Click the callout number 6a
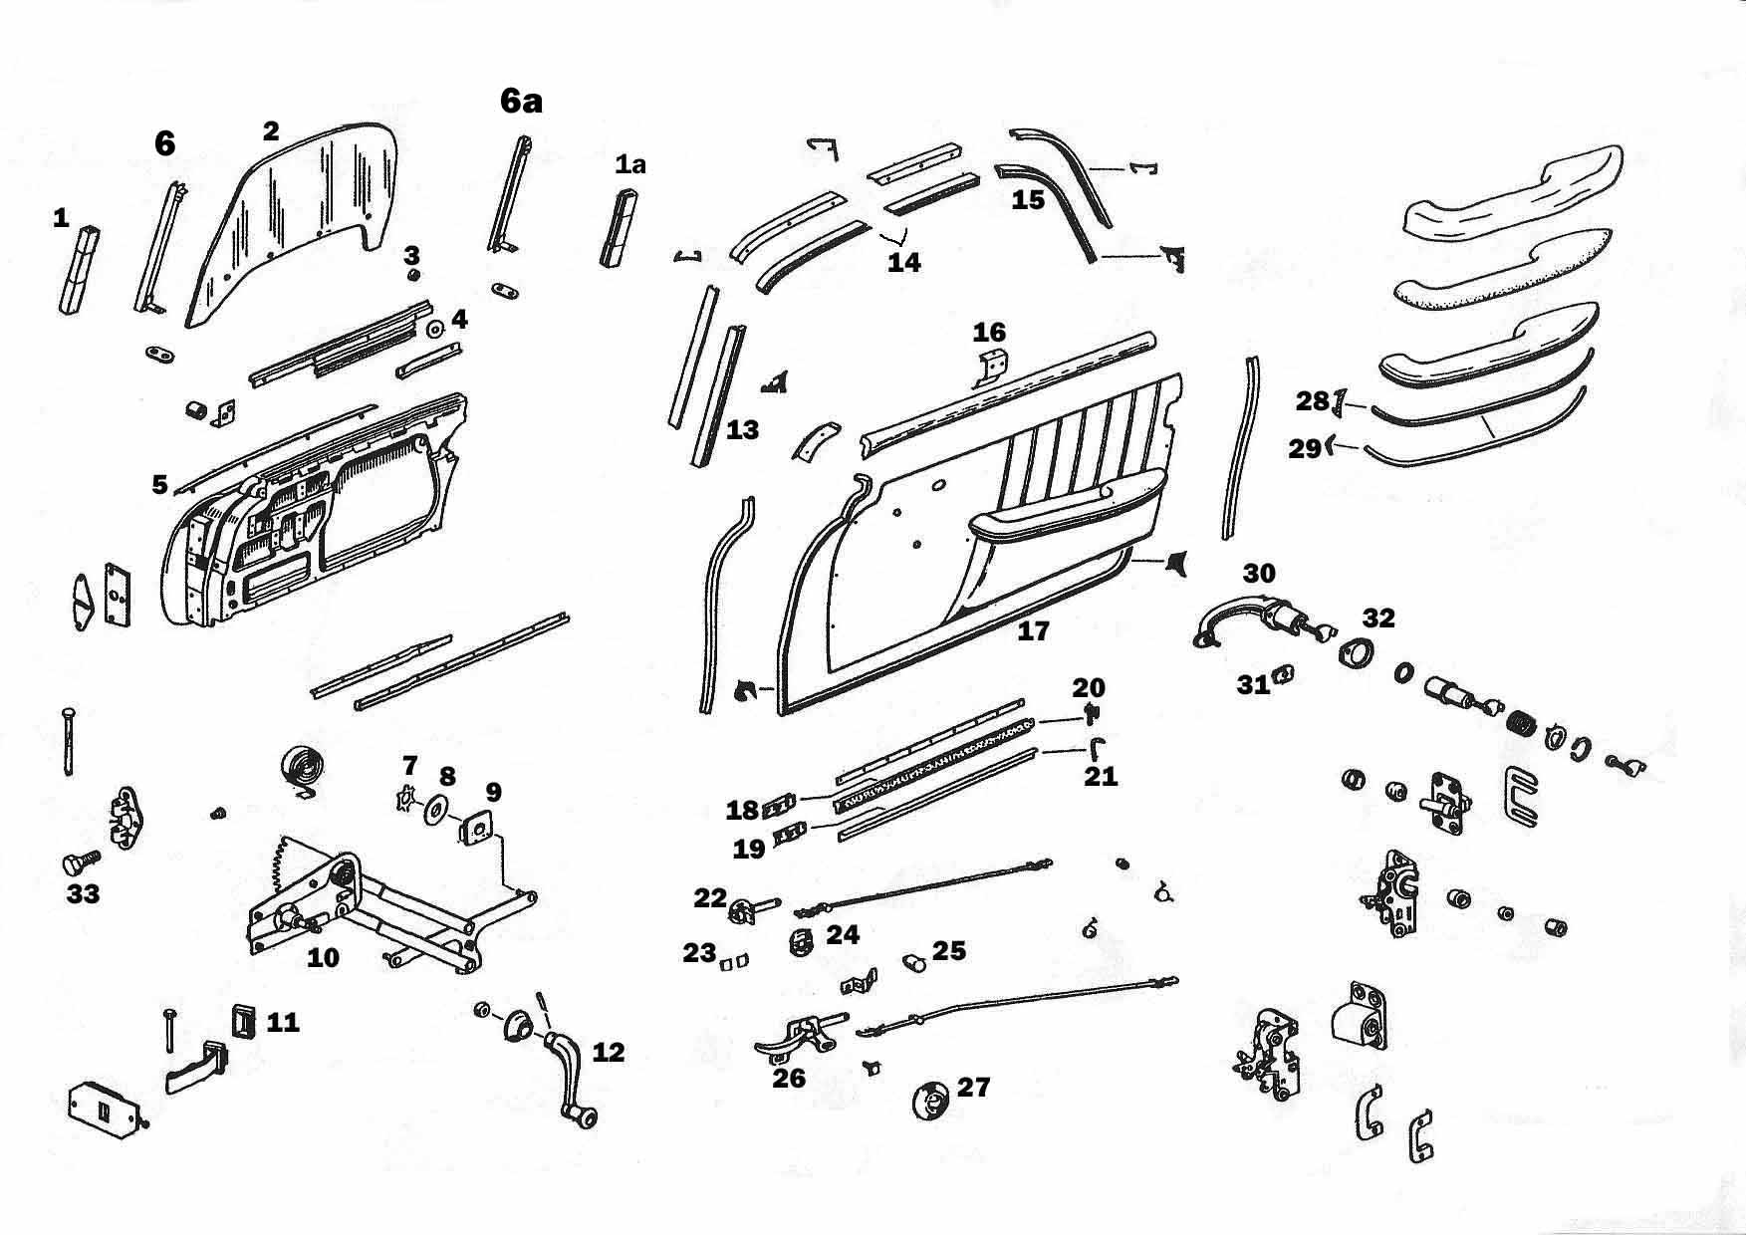tap(521, 101)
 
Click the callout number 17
tap(1033, 630)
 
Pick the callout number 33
tap(83, 893)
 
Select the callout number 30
tap(1259, 573)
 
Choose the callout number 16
tap(989, 332)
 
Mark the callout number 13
tap(743, 429)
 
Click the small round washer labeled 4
tap(434, 329)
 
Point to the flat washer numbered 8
tap(436, 809)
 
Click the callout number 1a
tap(629, 164)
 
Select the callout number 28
tap(1312, 401)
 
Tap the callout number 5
tap(159, 484)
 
